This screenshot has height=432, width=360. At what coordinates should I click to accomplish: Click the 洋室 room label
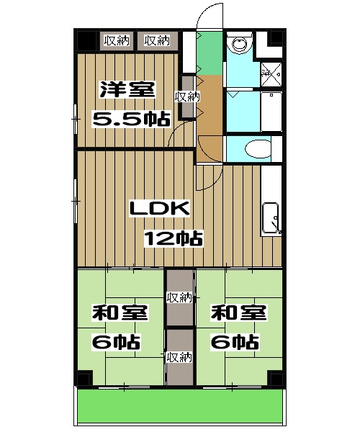pyautogui.click(x=127, y=89)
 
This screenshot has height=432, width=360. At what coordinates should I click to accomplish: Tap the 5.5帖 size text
pyautogui.click(x=131, y=119)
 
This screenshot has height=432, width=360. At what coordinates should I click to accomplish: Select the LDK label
pyautogui.click(x=160, y=209)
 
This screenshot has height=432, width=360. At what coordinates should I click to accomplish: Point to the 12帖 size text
pyautogui.click(x=174, y=238)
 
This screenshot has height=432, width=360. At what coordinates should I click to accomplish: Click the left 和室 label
pyautogui.click(x=120, y=312)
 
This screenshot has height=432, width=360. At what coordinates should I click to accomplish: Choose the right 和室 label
pyautogui.click(x=239, y=312)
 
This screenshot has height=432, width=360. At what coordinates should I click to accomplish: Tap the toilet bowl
pyautogui.click(x=258, y=149)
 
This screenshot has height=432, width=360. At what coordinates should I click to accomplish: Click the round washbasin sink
pyautogui.click(x=239, y=43)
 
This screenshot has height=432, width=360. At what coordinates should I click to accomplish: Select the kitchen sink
pyautogui.click(x=271, y=218)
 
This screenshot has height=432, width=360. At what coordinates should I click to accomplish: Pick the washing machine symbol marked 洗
pyautogui.click(x=271, y=74)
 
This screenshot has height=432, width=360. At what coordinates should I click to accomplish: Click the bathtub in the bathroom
pyautogui.click(x=271, y=112)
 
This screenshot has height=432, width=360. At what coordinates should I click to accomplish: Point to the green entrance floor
pyautogui.click(x=210, y=53)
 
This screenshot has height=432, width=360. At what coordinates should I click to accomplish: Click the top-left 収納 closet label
pyautogui.click(x=117, y=41)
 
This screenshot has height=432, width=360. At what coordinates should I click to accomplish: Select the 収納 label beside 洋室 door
pyautogui.click(x=187, y=97)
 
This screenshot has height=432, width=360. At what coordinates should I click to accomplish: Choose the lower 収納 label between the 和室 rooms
pyautogui.click(x=179, y=357)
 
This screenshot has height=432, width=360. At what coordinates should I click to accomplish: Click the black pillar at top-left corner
pyautogui.click(x=87, y=41)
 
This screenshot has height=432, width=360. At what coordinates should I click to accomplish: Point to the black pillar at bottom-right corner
pyautogui.click(x=276, y=378)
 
